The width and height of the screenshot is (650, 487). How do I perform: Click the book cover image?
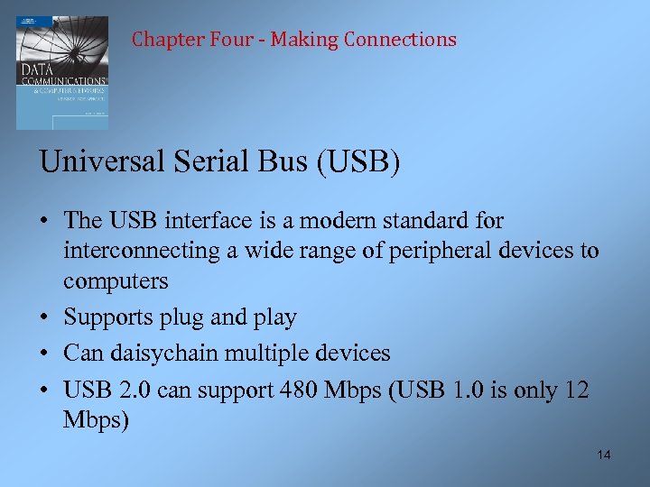61,72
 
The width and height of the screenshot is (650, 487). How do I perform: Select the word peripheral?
432,251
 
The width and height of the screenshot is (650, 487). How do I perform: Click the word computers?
116,281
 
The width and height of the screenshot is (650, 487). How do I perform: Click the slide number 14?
604,455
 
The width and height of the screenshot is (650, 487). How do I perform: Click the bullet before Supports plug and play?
45,317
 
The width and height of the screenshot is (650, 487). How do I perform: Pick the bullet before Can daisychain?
45,354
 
